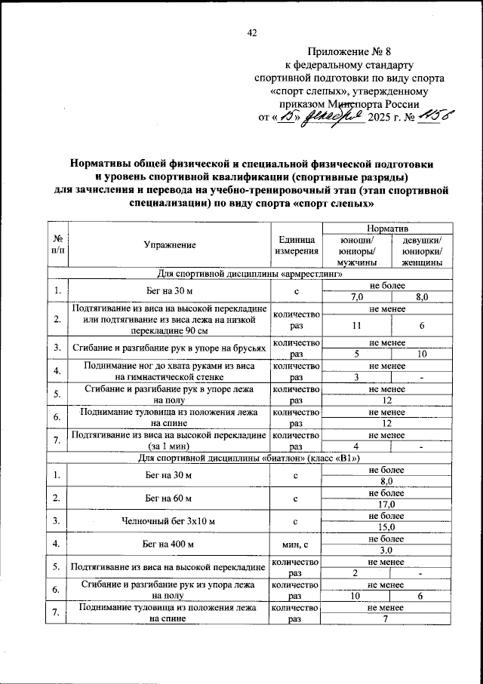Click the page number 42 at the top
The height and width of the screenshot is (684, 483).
tap(252, 32)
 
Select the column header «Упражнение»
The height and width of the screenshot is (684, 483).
tap(170, 244)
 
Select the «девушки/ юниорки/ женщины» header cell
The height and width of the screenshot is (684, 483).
tap(420, 251)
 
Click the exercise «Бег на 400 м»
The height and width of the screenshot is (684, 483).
tap(170, 544)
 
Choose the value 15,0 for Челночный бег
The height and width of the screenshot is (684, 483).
tap(388, 527)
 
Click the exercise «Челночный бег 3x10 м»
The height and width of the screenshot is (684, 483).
tap(170, 521)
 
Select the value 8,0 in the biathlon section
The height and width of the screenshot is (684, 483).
tap(388, 481)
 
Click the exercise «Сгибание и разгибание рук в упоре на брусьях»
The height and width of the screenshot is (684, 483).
tap(170, 348)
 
